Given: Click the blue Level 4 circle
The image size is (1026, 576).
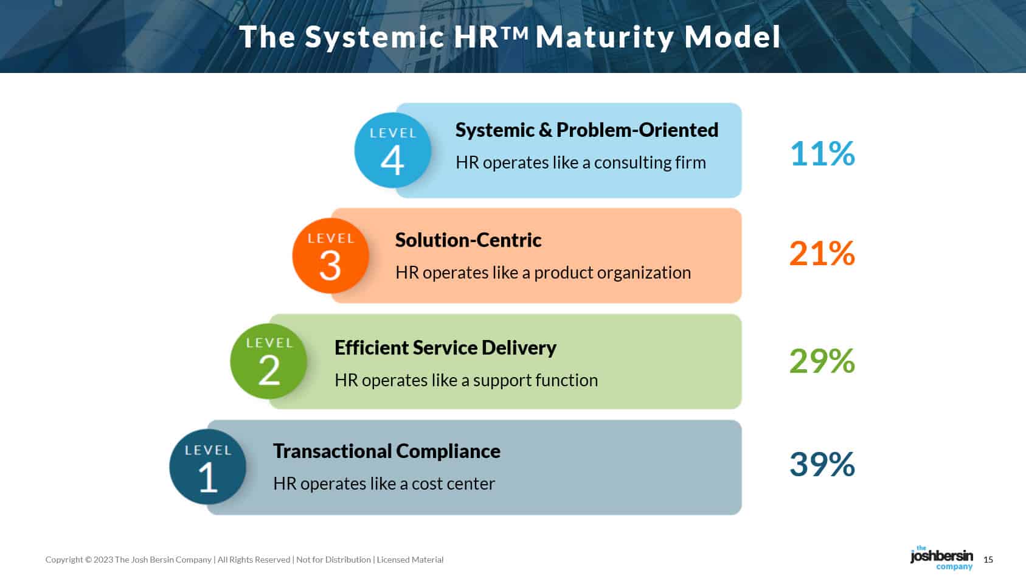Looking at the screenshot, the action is click(x=392, y=150).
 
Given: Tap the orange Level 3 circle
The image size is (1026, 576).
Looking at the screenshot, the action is click(x=331, y=255).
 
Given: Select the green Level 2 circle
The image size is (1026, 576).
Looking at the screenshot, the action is click(x=268, y=361).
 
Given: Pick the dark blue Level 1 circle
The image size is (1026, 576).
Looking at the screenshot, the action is click(x=207, y=467).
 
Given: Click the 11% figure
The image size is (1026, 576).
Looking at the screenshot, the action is click(x=822, y=153).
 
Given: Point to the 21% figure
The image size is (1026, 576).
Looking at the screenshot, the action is click(x=822, y=254).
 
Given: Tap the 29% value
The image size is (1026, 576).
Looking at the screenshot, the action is click(x=822, y=361).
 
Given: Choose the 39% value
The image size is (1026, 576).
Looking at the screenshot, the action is click(x=822, y=464).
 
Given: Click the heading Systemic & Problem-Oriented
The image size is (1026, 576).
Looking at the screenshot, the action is click(x=587, y=130).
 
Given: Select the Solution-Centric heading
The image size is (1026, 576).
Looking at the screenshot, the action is click(x=468, y=240).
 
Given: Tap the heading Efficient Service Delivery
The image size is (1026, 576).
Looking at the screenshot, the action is click(x=445, y=348).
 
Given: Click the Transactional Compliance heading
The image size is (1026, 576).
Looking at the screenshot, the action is click(x=387, y=451).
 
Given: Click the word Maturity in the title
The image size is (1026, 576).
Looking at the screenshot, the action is click(x=605, y=37).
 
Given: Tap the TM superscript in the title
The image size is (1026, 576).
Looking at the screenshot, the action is click(x=516, y=32).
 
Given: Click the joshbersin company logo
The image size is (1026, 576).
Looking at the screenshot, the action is click(x=941, y=558).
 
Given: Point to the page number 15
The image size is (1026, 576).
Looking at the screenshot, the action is click(x=988, y=560).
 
